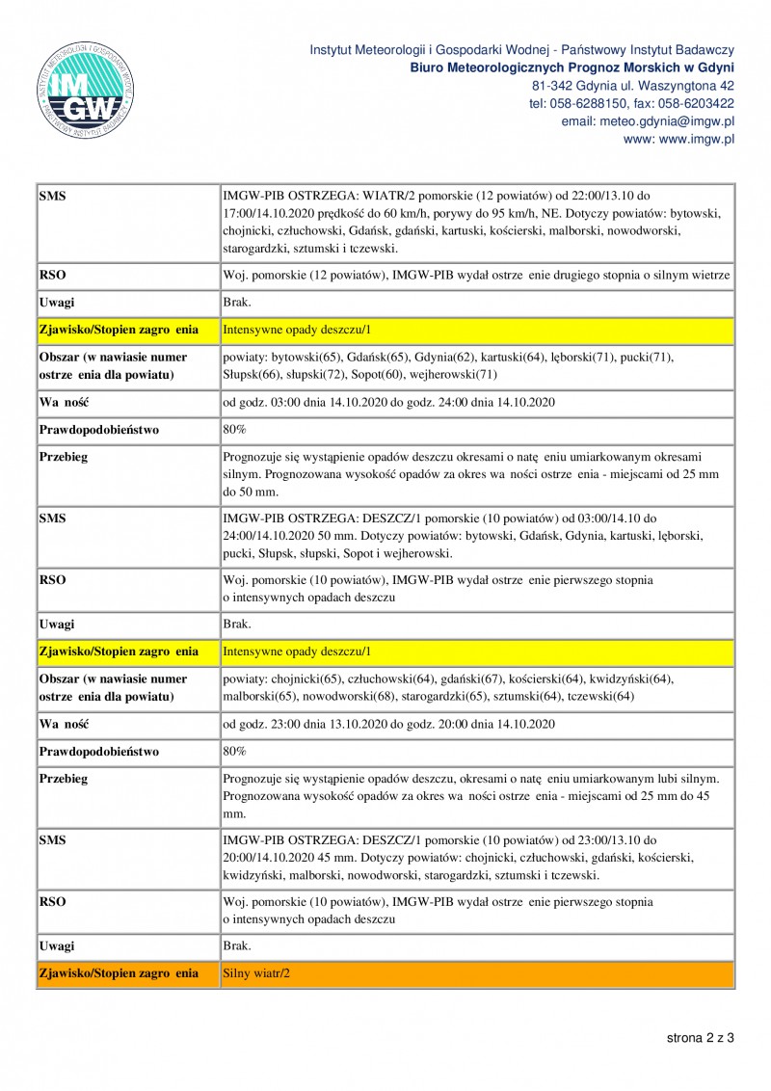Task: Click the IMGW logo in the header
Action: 88,93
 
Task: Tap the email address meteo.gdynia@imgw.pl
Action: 648,121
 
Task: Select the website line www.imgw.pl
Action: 678,139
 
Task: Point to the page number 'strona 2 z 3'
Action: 701,1038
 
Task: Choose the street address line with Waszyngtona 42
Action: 633,86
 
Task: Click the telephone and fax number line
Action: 631,104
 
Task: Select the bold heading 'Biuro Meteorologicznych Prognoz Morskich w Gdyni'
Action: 572,67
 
